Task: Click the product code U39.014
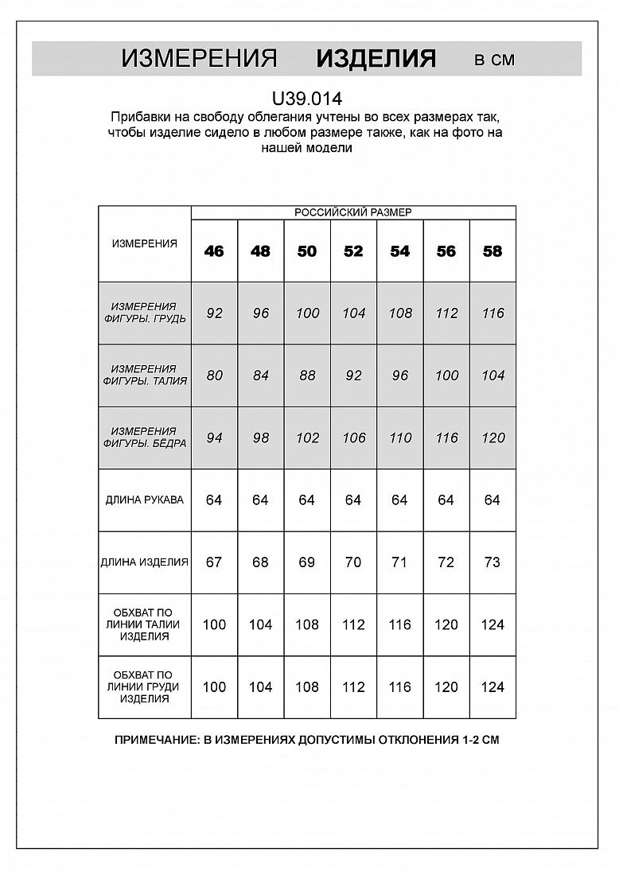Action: click(307, 99)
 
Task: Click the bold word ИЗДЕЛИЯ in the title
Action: click(376, 59)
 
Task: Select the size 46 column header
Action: click(214, 251)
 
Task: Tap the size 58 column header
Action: click(492, 251)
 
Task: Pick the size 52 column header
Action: click(353, 251)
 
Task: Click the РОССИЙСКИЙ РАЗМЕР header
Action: click(353, 212)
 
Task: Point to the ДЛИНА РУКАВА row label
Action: click(145, 500)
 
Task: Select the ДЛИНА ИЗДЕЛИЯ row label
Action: click(145, 562)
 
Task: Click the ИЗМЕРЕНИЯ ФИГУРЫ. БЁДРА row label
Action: click(145, 437)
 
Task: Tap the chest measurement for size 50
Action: click(307, 313)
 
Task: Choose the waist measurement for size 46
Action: click(214, 375)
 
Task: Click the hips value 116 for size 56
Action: click(446, 437)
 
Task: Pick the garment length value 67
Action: click(214, 562)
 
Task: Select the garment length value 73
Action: click(492, 562)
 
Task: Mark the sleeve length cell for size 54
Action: click(399, 500)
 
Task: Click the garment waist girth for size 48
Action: click(260, 624)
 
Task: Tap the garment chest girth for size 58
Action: click(492, 687)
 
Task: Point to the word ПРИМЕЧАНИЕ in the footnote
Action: click(153, 740)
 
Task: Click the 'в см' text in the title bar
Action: click(494, 60)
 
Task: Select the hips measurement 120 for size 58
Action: click(492, 437)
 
